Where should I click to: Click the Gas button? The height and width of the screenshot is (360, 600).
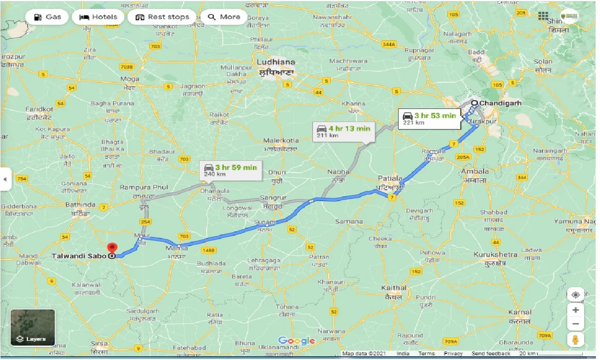48,17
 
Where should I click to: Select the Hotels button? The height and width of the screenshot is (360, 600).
98,17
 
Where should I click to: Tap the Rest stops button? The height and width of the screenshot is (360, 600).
162,17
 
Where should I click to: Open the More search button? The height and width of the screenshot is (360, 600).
224,17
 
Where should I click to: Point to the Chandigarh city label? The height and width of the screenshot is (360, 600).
499,103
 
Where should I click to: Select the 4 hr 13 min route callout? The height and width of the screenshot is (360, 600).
343,131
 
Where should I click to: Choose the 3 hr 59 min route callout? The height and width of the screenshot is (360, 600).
230,170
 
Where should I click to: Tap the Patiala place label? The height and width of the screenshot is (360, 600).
390,178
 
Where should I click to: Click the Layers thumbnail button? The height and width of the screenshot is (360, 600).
33,327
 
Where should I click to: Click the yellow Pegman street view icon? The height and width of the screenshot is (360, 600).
575,340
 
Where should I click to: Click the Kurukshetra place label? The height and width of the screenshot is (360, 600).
495,254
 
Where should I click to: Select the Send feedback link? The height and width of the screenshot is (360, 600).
491,354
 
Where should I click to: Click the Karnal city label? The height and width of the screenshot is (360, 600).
520,312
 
